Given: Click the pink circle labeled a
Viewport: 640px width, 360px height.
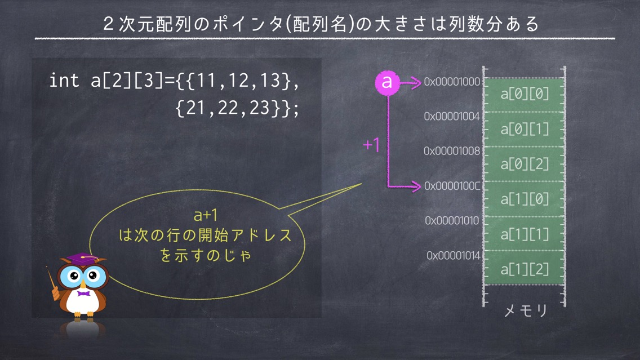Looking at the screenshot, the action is pyautogui.click(x=387, y=83).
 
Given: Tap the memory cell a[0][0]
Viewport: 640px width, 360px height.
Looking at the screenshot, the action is pyautogui.click(x=525, y=95).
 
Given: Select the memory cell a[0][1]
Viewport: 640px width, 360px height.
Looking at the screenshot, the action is pyautogui.click(x=525, y=130).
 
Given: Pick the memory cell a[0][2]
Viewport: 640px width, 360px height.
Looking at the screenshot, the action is pyautogui.click(x=525, y=164).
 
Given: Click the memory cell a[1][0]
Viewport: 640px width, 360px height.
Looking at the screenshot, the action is pyautogui.click(x=525, y=199).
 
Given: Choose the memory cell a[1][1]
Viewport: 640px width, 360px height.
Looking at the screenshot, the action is pyautogui.click(x=525, y=234).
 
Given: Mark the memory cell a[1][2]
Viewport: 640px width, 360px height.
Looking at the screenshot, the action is pyautogui.click(x=525, y=268).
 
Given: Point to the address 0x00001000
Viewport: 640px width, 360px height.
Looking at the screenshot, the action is pyautogui.click(x=452, y=82).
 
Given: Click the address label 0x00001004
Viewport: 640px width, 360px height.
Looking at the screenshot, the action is pyautogui.click(x=452, y=116).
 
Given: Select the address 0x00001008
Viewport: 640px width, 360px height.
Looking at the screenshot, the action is pyautogui.click(x=452, y=151).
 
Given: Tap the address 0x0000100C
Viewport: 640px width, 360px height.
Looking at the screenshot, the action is pyautogui.click(x=452, y=186).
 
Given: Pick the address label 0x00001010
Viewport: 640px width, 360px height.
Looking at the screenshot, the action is pyautogui.click(x=452, y=221).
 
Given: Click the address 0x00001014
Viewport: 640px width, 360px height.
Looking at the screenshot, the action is pyautogui.click(x=454, y=256).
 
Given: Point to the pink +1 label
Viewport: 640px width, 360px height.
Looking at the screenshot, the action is pyautogui.click(x=371, y=145).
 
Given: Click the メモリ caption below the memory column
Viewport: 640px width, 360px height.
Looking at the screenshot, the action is pyautogui.click(x=525, y=311).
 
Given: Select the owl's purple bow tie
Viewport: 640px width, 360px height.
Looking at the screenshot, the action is pyautogui.click(x=83, y=294).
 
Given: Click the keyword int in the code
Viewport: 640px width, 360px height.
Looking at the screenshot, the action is pyautogui.click(x=64, y=80).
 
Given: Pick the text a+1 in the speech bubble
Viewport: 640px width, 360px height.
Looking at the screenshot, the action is pyautogui.click(x=205, y=215).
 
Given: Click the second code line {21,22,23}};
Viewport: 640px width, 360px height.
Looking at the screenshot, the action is pyautogui.click(x=237, y=108).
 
